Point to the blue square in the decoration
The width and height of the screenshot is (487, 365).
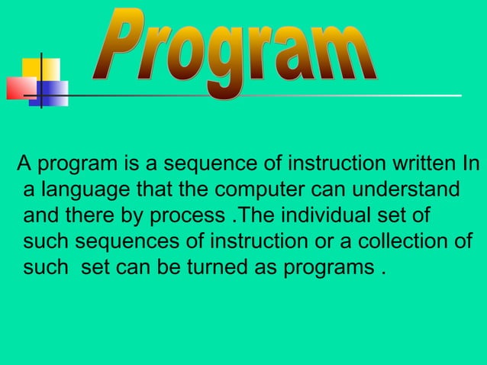coord(51,92)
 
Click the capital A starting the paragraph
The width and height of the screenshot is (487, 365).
coord(24,163)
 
